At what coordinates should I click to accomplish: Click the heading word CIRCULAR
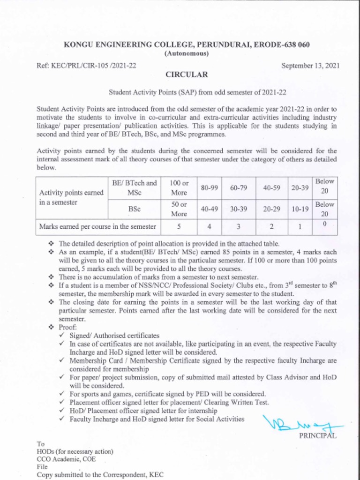[186, 75]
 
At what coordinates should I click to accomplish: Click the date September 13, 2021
[310, 66]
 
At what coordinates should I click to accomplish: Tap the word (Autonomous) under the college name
[187, 53]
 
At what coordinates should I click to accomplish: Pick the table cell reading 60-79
[239, 188]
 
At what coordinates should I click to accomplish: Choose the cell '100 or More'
[179, 187]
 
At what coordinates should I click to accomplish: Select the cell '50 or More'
[179, 209]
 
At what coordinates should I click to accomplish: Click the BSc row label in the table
[135, 209]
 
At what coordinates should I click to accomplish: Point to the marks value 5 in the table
[179, 227]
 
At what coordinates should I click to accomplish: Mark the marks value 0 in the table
[324, 225]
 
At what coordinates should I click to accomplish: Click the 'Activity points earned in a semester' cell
[71, 198]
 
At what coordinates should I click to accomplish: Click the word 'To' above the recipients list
[40, 443]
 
